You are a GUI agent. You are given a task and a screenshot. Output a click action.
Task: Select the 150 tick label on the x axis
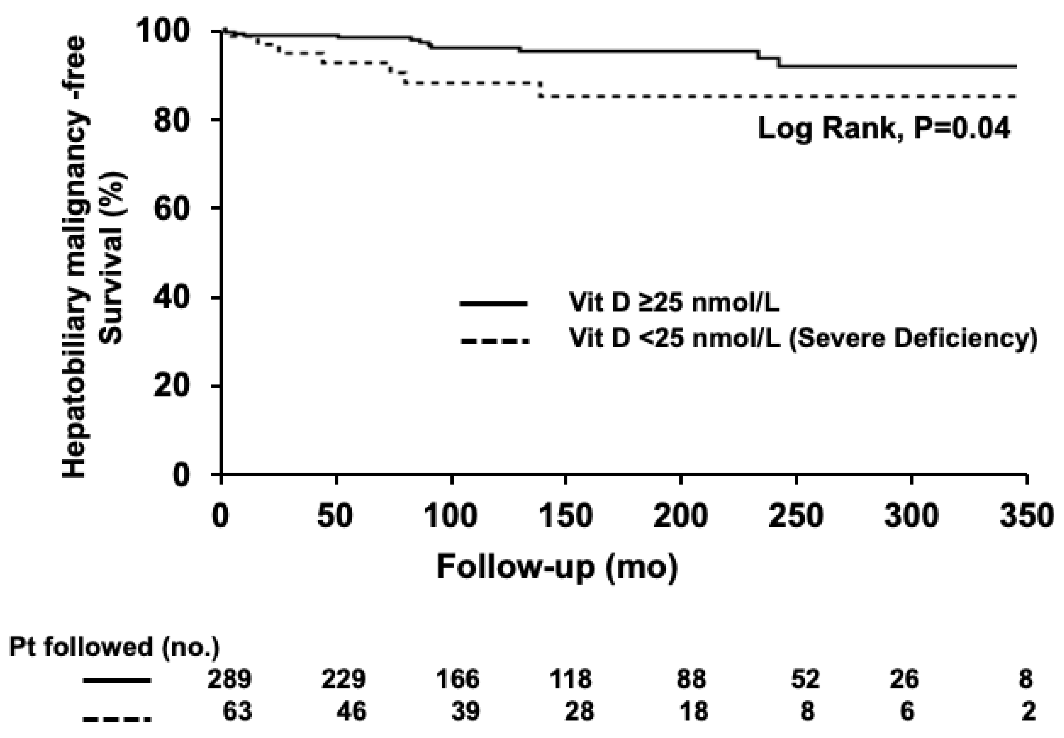coord(566,515)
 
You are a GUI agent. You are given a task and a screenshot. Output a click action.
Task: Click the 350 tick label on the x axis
coord(1027,515)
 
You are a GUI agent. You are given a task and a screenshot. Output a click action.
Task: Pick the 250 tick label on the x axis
coord(796,515)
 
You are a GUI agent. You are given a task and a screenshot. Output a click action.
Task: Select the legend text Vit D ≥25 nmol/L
coord(674,303)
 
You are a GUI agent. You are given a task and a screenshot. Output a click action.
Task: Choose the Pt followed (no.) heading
coord(114,647)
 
